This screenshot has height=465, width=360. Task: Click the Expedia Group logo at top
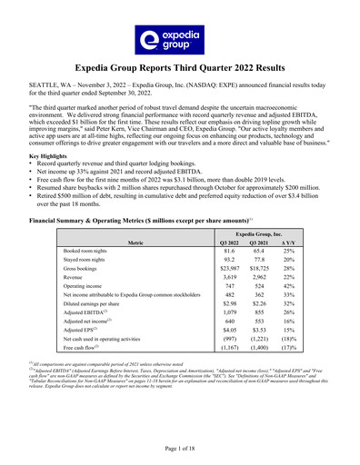pyautogui.click(x=180, y=39)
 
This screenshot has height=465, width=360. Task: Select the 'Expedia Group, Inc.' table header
pyautogui.click(x=265, y=232)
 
